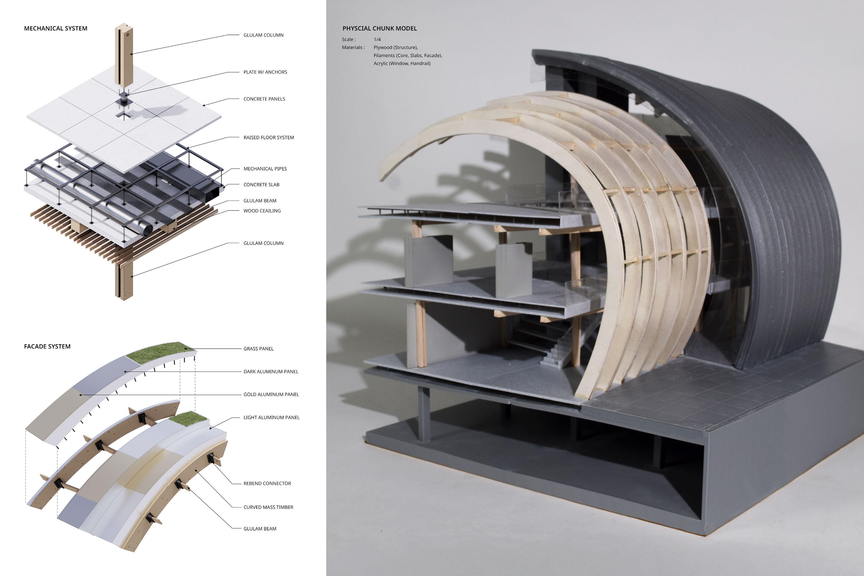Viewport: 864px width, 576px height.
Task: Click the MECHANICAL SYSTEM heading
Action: click(55, 28)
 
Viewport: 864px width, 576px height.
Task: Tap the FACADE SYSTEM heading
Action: click(47, 346)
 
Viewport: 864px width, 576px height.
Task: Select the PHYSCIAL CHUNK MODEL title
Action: click(379, 28)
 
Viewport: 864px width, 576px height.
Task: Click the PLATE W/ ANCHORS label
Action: click(265, 72)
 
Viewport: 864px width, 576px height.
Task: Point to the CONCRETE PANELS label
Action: click(264, 99)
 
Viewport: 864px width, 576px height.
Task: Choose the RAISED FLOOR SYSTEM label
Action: click(269, 137)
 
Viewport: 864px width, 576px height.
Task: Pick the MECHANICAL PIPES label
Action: click(265, 169)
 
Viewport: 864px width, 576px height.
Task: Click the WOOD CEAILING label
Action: click(262, 211)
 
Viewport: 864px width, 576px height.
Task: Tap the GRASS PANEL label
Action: click(258, 349)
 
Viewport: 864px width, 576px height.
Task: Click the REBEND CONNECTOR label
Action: click(267, 483)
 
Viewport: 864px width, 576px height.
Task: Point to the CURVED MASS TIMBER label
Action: click(268, 507)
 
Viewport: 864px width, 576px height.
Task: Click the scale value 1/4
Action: click(377, 39)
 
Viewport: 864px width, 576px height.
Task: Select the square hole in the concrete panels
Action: click(124, 116)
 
